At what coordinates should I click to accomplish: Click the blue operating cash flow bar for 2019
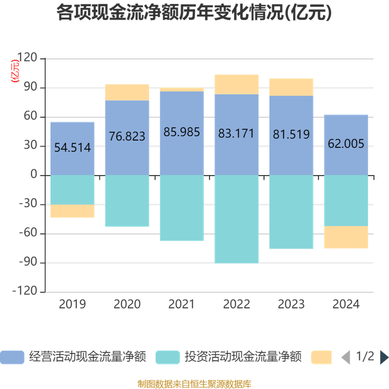(72, 148)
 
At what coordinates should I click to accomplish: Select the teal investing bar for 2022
(236, 219)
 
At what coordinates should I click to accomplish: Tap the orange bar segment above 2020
(127, 92)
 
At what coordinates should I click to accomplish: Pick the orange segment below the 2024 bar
(346, 237)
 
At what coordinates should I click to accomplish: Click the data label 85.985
(182, 132)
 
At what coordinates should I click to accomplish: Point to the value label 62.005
(346, 143)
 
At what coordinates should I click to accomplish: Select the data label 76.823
(127, 136)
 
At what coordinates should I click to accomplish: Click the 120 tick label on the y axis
(27, 57)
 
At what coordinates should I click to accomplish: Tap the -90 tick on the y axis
(28, 262)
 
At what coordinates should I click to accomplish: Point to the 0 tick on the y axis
(34, 174)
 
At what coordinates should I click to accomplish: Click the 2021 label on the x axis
(182, 304)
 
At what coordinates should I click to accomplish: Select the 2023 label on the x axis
(291, 304)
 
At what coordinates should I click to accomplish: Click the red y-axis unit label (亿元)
(15, 71)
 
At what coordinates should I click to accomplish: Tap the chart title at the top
(194, 12)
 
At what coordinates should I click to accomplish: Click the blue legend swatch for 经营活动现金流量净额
(12, 357)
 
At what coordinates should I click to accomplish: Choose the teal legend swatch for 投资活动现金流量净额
(168, 357)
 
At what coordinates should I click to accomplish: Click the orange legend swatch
(321, 357)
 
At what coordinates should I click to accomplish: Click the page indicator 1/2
(365, 356)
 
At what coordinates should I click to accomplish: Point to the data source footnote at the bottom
(194, 384)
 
